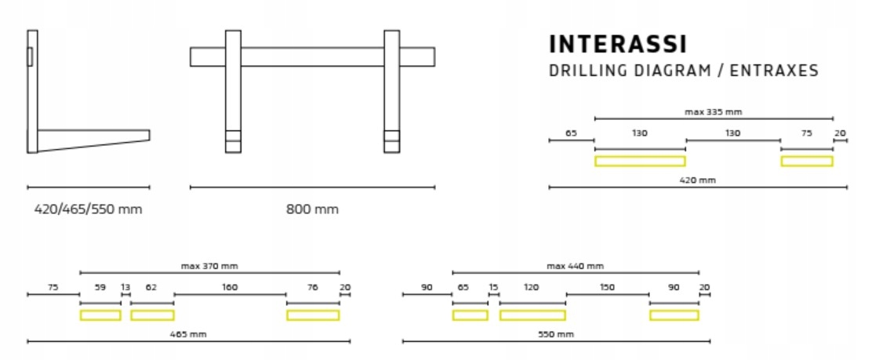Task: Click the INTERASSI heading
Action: (618, 44)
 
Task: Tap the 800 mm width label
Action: (312, 209)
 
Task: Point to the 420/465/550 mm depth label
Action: (88, 209)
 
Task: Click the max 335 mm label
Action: (713, 112)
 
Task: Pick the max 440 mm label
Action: (576, 266)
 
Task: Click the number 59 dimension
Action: (100, 288)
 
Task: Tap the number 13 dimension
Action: (125, 288)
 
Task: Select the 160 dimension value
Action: (230, 288)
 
